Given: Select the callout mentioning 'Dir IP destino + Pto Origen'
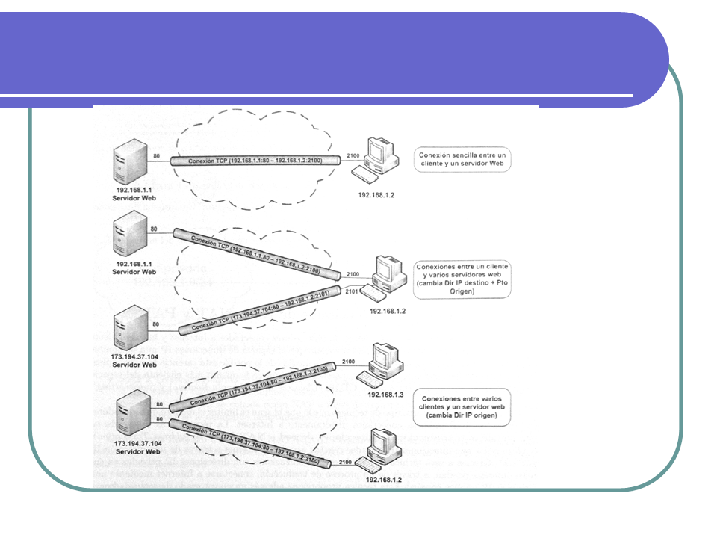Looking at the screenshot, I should tap(463, 279).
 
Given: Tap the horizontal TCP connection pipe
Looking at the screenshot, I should tap(254, 160).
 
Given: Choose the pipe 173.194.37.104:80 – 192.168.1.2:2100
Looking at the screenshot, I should tap(254, 439).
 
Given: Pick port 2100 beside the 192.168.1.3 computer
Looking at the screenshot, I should tap(348, 362).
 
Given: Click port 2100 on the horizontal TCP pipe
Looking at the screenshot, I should tap(353, 155).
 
